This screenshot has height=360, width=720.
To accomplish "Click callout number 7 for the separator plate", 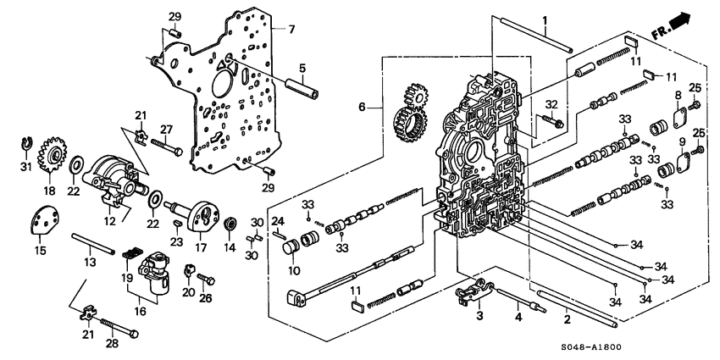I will click(291, 30).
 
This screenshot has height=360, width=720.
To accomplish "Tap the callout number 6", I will click(363, 108).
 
